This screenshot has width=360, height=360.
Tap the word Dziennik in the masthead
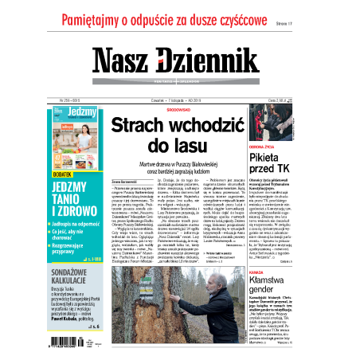[x=206, y=63]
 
